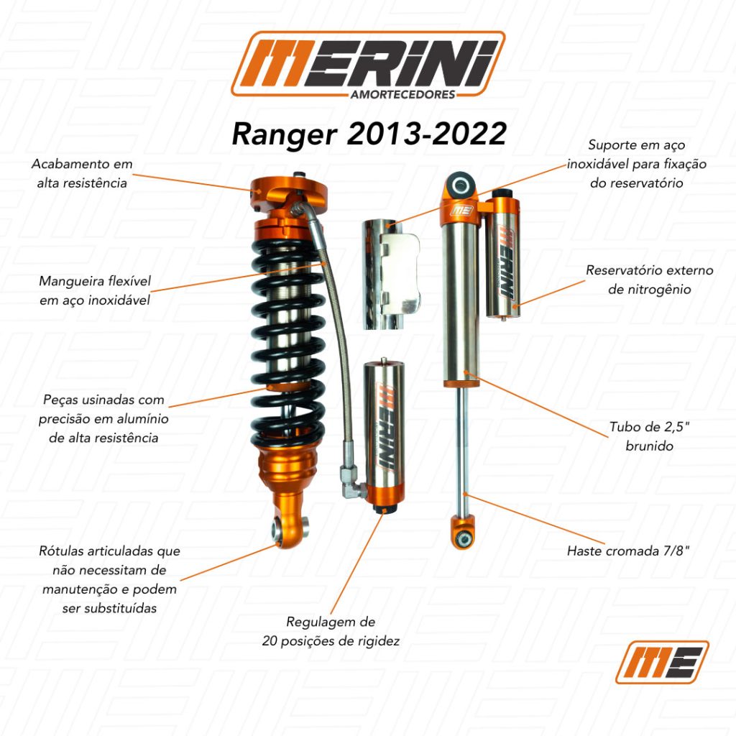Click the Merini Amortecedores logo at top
click(x=368, y=65)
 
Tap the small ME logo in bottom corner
click(x=662, y=662)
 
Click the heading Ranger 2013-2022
click(x=369, y=134)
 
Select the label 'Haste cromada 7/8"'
click(x=628, y=551)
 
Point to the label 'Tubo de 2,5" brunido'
click(x=649, y=436)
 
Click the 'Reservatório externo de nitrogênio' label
click(x=649, y=280)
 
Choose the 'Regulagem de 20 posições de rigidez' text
click(x=331, y=631)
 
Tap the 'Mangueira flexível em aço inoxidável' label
click(x=95, y=290)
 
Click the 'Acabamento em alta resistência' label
click(x=82, y=173)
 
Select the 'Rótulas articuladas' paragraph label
click(x=109, y=579)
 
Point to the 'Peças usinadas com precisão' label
click(x=103, y=419)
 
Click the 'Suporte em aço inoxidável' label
click(x=637, y=164)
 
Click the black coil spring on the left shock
click(x=287, y=343)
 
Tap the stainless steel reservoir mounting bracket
click(x=391, y=275)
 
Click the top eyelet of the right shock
click(x=459, y=185)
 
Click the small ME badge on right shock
click(x=462, y=210)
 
